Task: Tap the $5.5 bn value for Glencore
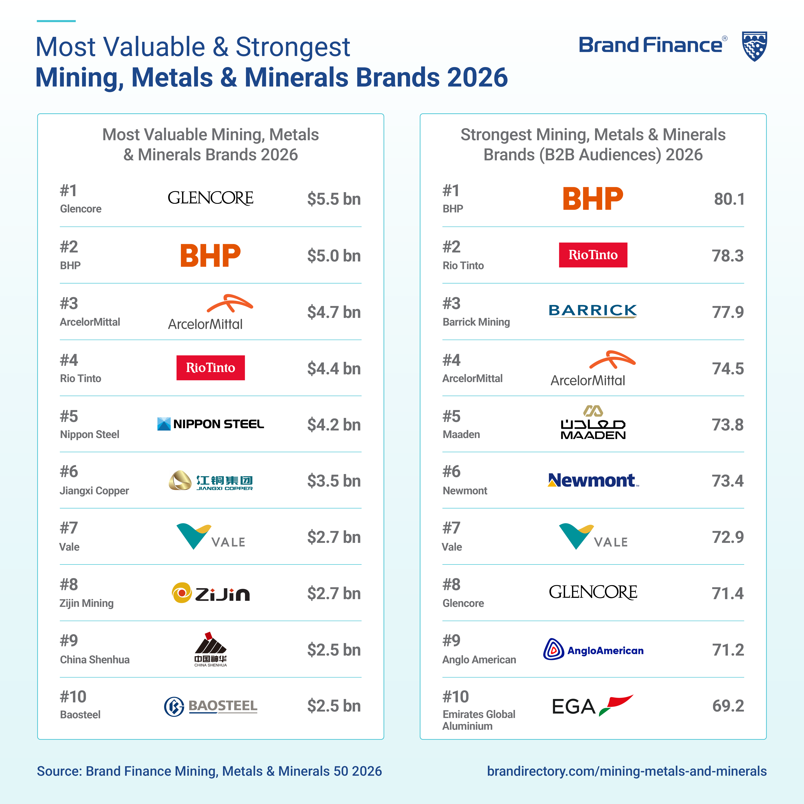click(x=334, y=199)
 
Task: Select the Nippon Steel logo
click(x=211, y=424)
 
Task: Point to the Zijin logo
click(x=211, y=593)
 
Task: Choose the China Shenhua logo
click(x=211, y=649)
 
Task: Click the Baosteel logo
click(x=211, y=706)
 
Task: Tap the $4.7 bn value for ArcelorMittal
click(x=334, y=312)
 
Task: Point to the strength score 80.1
click(x=729, y=199)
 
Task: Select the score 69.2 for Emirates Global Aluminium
click(x=728, y=706)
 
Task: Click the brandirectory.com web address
click(x=627, y=771)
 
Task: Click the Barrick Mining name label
click(x=476, y=322)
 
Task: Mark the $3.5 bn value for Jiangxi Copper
click(x=334, y=481)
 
